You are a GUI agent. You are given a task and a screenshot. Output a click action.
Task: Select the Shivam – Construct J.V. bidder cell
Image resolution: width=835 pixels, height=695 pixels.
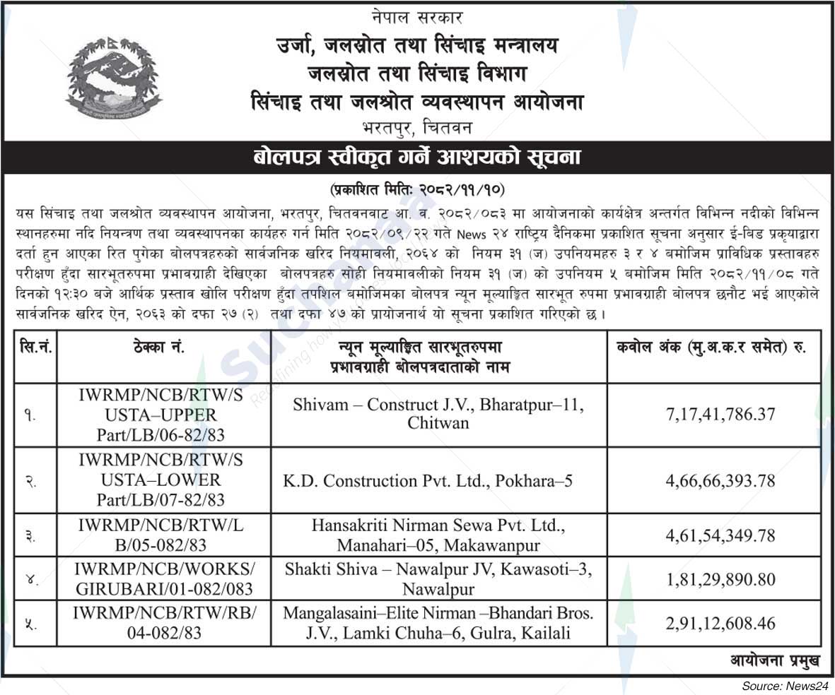[x=438, y=414]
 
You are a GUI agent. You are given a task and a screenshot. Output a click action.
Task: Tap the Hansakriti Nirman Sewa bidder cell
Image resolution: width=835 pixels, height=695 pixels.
[x=438, y=535]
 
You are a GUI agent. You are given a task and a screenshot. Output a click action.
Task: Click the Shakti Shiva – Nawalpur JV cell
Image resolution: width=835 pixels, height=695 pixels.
[x=438, y=579]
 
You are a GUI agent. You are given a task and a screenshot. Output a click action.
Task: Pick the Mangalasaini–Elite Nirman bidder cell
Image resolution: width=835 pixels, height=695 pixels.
[x=438, y=623]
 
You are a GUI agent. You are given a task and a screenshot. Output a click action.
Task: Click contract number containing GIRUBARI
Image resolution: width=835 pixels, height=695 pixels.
[x=163, y=579]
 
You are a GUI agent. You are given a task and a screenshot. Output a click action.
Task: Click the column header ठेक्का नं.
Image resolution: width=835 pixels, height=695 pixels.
[x=163, y=348]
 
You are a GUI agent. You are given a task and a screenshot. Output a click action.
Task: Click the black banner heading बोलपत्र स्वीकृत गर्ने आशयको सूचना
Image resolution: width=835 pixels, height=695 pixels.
[x=417, y=158]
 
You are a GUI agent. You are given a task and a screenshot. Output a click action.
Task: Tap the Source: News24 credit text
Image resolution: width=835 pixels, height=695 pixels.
[x=783, y=686]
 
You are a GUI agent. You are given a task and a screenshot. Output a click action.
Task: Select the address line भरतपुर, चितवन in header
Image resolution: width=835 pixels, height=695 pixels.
[x=417, y=128]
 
